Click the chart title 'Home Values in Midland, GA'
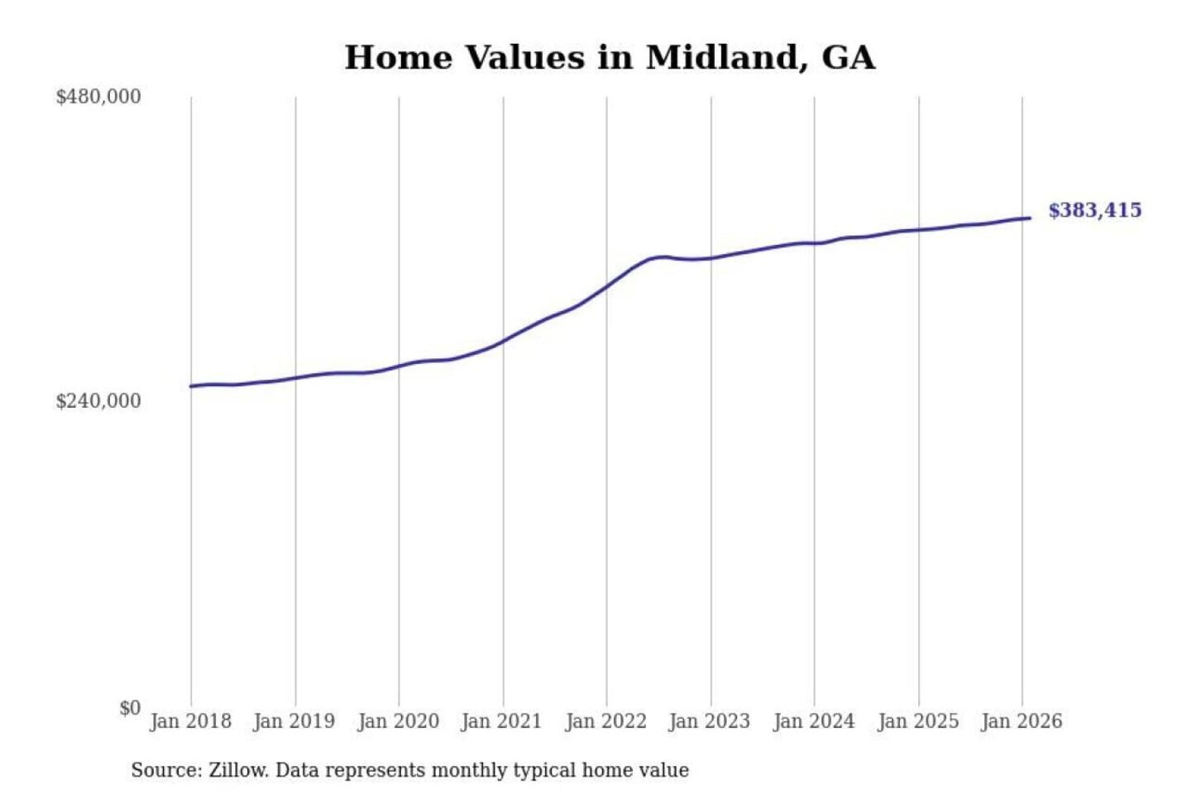(x=610, y=58)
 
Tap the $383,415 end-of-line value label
(x=1094, y=210)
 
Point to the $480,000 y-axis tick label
(x=98, y=97)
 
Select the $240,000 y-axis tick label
(x=98, y=401)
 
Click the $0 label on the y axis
(x=130, y=708)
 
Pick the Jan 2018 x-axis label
(x=190, y=721)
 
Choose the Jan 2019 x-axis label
(x=294, y=721)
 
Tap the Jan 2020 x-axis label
(x=398, y=721)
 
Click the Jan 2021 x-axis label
(x=501, y=721)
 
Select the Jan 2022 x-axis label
(x=605, y=721)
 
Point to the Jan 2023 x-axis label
(x=709, y=721)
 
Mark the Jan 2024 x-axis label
(x=813, y=721)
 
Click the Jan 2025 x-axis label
(x=917, y=721)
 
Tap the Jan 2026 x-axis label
(x=1021, y=721)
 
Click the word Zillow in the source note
(x=238, y=771)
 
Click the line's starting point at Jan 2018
(x=191, y=386)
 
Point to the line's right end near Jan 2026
(x=1030, y=218)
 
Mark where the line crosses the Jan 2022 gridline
(x=606, y=286)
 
